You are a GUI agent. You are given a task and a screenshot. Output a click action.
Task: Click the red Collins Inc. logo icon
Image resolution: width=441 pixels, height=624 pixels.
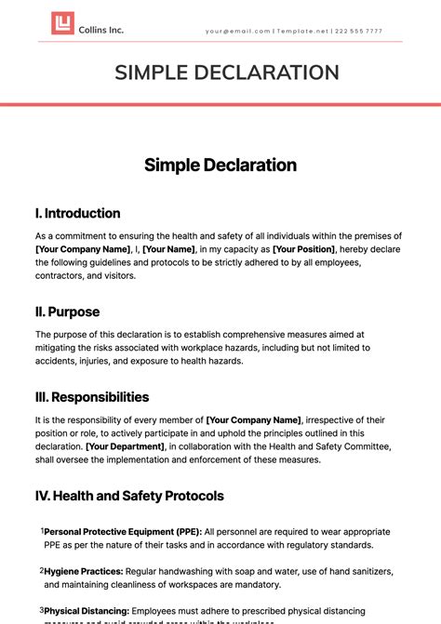62,24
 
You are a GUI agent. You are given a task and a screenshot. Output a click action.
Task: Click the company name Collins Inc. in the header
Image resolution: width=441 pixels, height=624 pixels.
102,30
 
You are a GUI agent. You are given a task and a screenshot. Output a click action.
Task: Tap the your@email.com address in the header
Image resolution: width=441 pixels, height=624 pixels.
237,31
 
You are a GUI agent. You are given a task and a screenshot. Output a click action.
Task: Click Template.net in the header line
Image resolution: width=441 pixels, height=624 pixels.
303,31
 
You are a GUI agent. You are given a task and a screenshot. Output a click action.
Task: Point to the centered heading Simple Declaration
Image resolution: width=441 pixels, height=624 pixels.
220,166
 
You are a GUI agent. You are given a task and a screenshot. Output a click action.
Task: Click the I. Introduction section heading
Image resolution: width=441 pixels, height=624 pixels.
77,213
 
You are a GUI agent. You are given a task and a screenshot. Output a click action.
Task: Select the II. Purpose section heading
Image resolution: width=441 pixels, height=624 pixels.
67,312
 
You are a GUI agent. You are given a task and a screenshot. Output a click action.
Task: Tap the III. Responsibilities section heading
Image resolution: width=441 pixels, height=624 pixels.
92,397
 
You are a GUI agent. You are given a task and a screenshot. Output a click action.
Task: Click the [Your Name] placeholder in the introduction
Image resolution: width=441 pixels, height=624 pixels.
168,249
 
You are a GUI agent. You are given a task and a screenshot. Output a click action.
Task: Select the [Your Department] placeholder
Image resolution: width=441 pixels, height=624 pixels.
125,446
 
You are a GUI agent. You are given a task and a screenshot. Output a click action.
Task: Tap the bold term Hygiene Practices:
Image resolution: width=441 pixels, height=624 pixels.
83,570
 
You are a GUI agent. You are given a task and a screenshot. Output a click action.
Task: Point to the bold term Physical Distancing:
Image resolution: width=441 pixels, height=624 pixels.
87,610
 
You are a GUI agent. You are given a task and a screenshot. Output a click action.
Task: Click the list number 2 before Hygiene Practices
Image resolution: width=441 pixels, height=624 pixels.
41,570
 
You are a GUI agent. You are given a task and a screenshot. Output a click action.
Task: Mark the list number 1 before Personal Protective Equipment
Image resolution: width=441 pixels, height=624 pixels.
41,531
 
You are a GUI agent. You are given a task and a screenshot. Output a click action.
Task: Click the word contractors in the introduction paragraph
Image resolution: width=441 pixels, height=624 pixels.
63,277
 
